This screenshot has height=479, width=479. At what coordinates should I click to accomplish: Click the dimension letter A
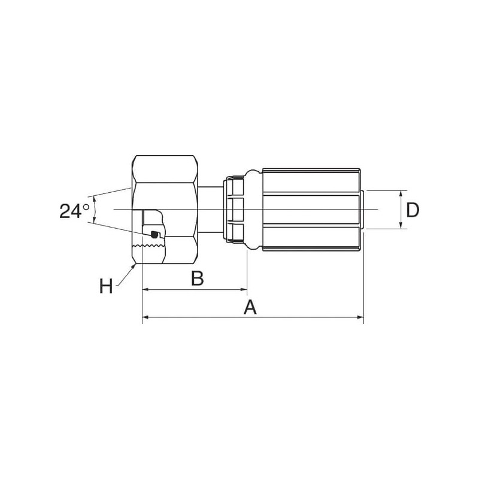250,307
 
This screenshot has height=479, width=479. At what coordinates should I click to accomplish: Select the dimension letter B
198,278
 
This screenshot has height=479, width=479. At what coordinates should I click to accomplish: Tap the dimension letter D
413,210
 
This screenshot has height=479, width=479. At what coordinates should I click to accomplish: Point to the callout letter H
106,286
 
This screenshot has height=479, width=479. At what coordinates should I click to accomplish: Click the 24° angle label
74,211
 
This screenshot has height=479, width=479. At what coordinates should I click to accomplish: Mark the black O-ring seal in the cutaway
155,234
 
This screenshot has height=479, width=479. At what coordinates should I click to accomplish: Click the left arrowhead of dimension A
145,317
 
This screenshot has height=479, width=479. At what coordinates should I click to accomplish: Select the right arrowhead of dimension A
360,317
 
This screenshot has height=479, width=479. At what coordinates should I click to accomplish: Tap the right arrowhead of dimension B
244,289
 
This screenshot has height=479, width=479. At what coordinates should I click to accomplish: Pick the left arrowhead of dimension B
145,289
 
